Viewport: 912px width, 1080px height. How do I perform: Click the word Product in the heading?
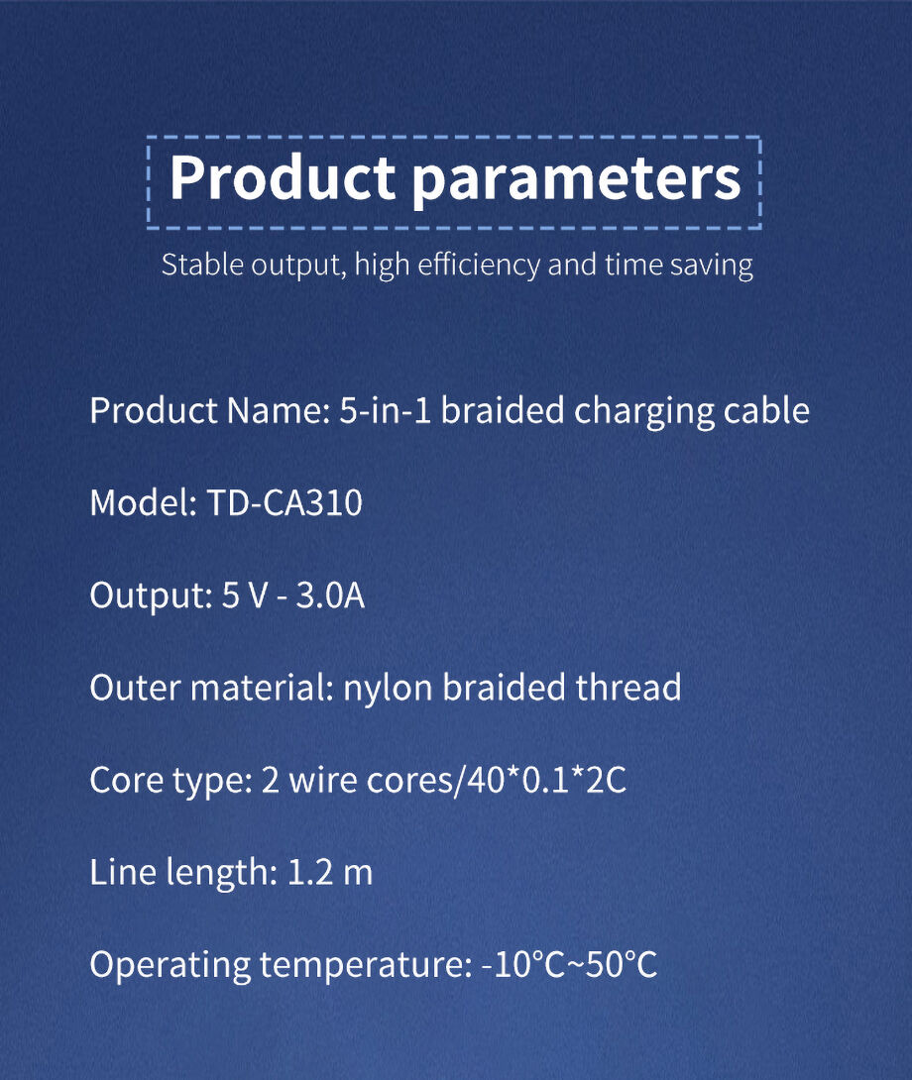click(282, 177)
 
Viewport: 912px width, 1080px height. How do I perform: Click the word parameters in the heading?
click(576, 180)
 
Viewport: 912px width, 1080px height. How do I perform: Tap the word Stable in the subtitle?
click(202, 265)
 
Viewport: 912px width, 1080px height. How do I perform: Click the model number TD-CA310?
click(285, 502)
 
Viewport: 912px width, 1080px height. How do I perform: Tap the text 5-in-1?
click(386, 410)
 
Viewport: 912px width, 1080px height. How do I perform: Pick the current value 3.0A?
click(330, 595)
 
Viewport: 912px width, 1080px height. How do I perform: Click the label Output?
click(151, 595)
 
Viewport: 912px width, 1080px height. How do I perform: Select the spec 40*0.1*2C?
click(547, 781)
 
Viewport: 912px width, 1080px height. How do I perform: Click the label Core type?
click(171, 782)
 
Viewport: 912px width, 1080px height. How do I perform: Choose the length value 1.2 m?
click(329, 872)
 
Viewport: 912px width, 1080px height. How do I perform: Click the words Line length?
click(183, 873)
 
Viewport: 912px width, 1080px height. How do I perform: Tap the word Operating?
click(171, 966)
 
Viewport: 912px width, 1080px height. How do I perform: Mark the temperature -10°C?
click(523, 964)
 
